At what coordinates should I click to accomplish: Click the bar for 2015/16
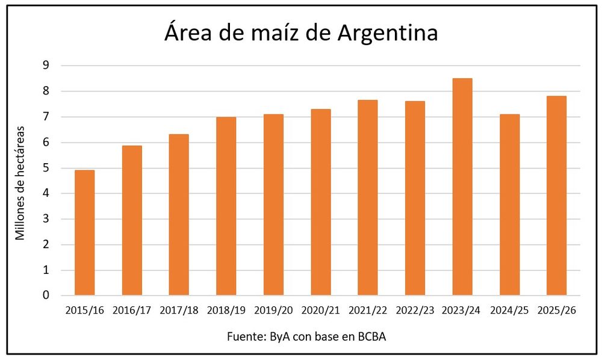coord(84,232)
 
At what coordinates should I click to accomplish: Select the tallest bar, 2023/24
coord(462,187)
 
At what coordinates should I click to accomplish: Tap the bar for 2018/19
coord(226,206)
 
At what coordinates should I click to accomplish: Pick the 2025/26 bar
coord(556,196)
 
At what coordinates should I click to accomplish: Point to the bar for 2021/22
coord(368,197)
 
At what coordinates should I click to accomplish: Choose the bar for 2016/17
coord(132,220)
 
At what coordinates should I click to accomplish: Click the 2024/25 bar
coord(509,205)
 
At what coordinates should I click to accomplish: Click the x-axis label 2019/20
coord(273,310)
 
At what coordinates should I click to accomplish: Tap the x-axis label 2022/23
coord(415,310)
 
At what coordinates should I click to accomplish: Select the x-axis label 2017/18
coord(179,310)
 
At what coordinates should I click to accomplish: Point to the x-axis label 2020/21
coord(321,310)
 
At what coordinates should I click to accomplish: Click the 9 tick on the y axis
coord(46,65)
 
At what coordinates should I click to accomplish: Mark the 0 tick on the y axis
coord(46,295)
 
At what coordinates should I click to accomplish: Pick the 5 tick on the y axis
coord(46,168)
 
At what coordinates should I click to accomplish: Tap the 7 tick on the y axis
coord(46,117)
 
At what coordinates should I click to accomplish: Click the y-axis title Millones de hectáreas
coord(20,183)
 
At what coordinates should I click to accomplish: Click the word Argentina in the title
coord(388,33)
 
